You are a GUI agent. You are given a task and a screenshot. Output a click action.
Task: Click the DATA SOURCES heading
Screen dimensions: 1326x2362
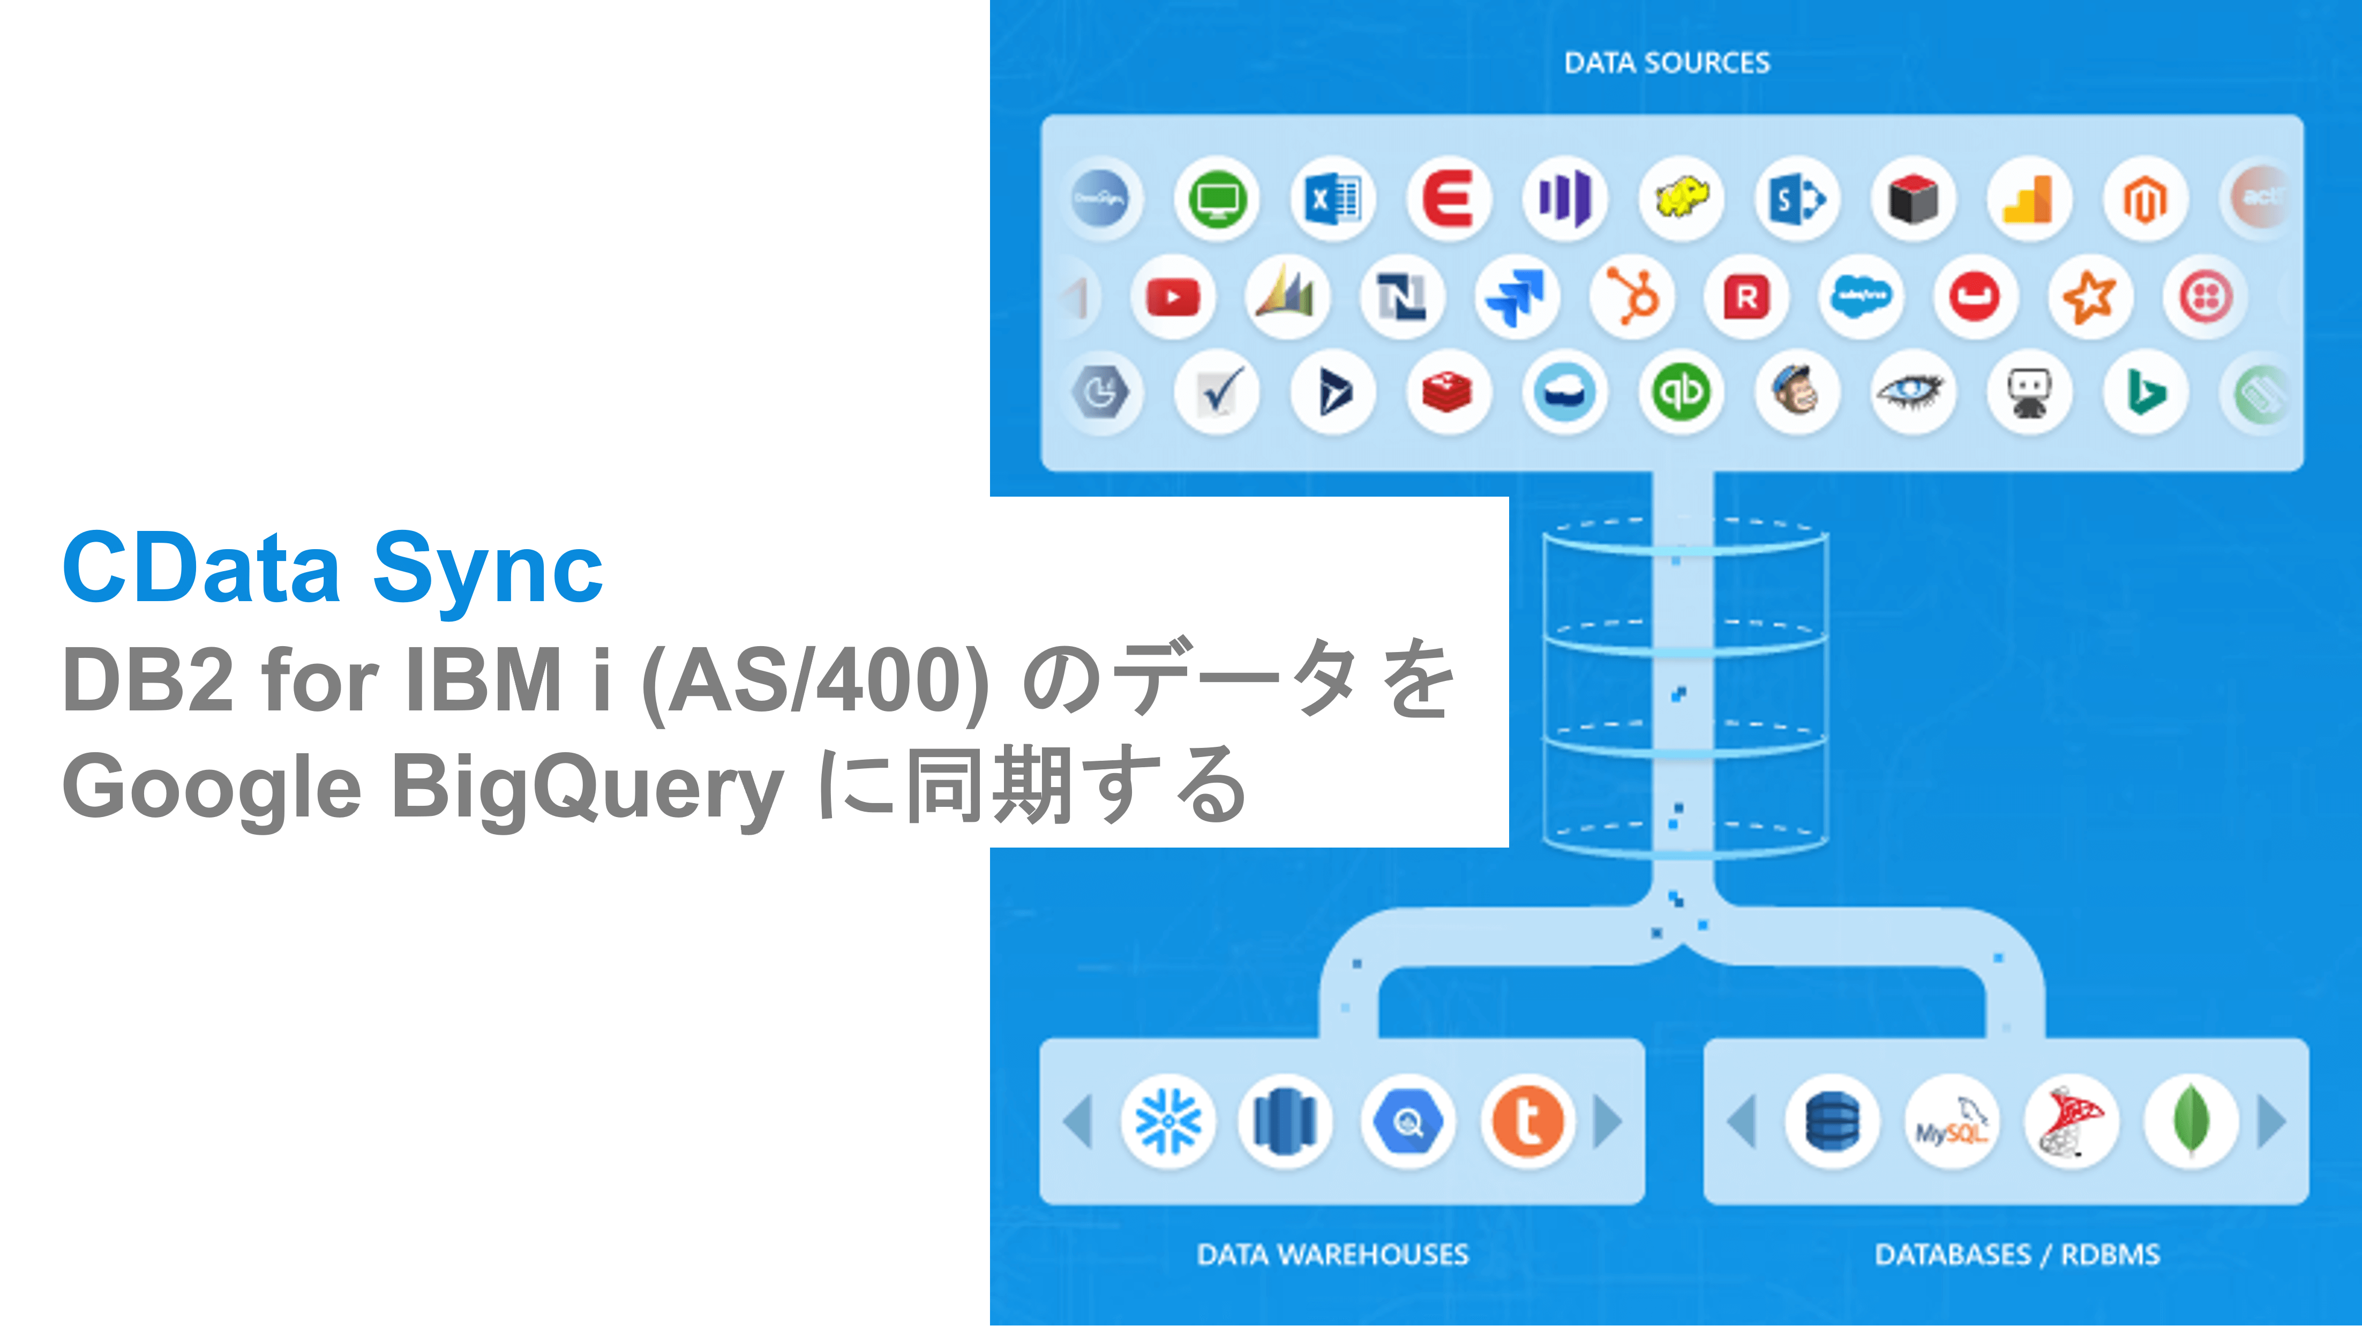(x=1666, y=62)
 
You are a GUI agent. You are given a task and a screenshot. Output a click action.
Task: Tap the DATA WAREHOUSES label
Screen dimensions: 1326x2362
(x=1332, y=1254)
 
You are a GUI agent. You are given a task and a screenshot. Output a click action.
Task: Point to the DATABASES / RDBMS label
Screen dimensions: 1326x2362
(x=2016, y=1254)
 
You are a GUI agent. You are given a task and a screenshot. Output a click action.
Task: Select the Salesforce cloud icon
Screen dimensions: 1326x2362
(x=1861, y=296)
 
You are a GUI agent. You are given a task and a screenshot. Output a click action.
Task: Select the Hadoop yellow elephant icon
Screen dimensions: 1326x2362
(x=1681, y=199)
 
